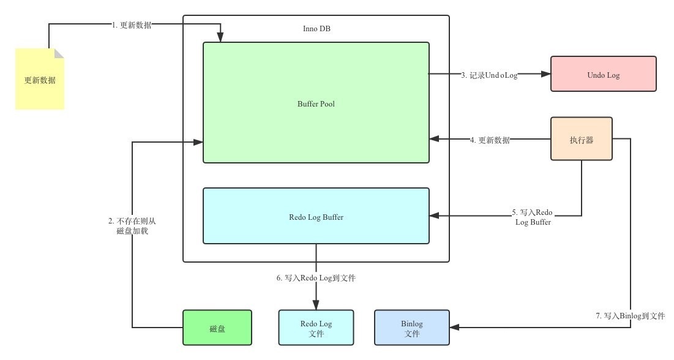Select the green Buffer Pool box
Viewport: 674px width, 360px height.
tap(316, 102)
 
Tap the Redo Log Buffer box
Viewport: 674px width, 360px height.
tap(316, 216)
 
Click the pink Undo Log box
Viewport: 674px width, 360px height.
tap(603, 74)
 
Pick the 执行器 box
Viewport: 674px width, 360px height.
tap(581, 139)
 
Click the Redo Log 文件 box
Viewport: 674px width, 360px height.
tap(316, 328)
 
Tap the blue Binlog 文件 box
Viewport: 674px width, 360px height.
tap(412, 328)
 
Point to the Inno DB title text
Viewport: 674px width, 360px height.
tap(316, 29)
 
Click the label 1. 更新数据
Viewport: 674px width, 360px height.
tap(132, 25)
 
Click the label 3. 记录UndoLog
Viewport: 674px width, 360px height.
tap(489, 75)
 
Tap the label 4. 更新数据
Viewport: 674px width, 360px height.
tap(490, 140)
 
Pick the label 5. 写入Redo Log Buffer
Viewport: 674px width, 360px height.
tap(533, 217)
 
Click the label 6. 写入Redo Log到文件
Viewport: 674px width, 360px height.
tap(316, 278)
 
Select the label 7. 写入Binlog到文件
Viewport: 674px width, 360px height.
tap(630, 316)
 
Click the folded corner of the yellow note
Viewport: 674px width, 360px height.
tap(59, 53)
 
